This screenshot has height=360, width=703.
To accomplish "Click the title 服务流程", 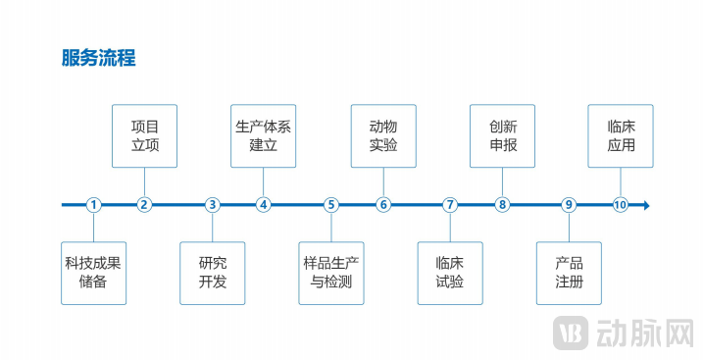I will [98, 58].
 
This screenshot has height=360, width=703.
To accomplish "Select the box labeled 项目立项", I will [145, 135].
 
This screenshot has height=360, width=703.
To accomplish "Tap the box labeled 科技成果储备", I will [93, 273].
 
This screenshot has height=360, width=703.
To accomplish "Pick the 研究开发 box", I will [213, 273].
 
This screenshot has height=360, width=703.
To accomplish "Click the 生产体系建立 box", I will [264, 135].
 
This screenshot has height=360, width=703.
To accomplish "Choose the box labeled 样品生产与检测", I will [331, 273].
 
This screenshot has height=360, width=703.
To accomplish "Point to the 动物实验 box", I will [383, 135].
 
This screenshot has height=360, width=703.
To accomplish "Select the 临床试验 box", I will [450, 273].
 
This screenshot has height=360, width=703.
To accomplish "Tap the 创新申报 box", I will [503, 135].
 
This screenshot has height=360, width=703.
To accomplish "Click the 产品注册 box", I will [569, 273].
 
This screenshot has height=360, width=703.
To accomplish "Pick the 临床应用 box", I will [621, 135].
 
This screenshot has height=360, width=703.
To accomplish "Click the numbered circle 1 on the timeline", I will [93, 205].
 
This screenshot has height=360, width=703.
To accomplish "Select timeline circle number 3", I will [213, 205].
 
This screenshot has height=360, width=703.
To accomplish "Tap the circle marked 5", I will [331, 205].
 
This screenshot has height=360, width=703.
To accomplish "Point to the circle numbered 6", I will [383, 205].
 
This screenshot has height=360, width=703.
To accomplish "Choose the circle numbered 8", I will [503, 205].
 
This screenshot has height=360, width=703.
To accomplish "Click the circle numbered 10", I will [621, 205].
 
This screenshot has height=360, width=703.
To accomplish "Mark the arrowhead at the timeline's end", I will [645, 205].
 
